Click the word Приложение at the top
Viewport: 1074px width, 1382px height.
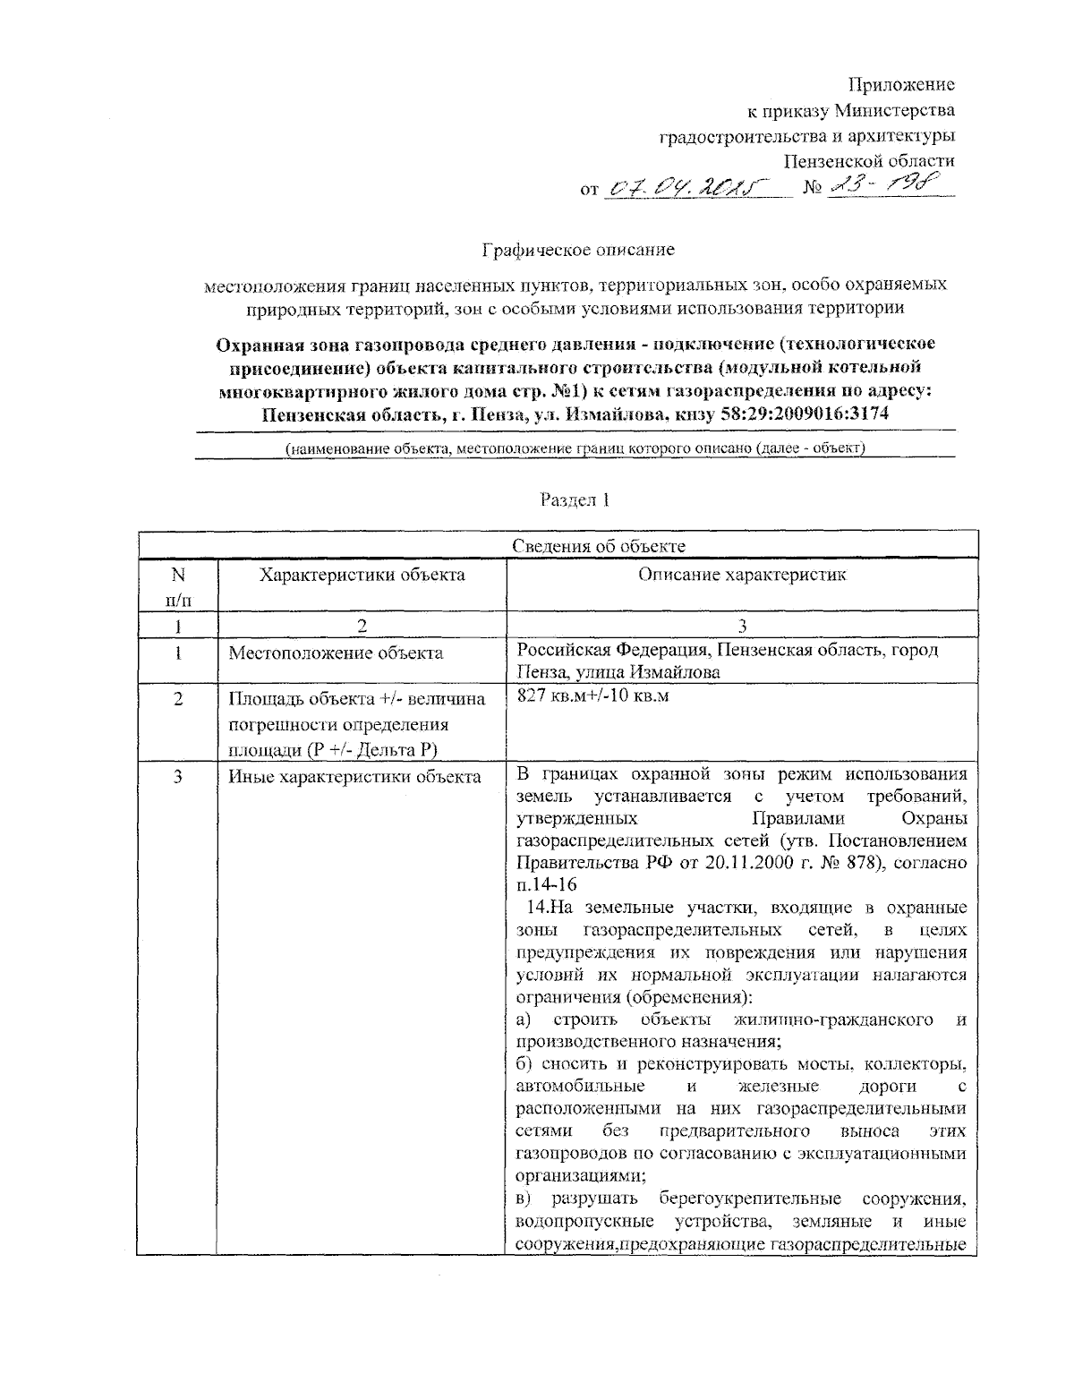pos(901,85)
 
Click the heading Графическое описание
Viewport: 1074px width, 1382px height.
pos(578,250)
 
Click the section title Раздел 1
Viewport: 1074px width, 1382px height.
pos(575,500)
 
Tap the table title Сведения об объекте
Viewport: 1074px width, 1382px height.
pos(599,547)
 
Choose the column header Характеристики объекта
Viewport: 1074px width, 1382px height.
pos(362,575)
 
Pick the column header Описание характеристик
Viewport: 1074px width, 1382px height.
pos(742,575)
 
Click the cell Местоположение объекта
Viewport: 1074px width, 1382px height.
pos(336,653)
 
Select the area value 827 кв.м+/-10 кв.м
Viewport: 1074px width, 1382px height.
pos(592,695)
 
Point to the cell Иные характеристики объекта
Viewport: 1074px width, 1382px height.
pos(355,777)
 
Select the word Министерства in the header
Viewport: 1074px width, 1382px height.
pos(894,111)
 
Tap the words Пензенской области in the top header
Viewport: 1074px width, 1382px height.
pos(869,161)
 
